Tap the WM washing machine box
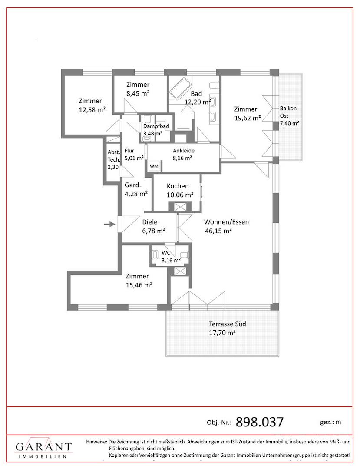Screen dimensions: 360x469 [154, 166]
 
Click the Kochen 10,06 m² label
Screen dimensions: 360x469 [180, 191]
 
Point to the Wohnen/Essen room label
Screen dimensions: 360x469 [226, 222]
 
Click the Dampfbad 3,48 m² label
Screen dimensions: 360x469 [156, 130]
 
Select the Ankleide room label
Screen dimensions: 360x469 [184, 151]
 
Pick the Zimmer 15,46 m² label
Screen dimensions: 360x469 [139, 281]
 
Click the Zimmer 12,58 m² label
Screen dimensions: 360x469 [92, 105]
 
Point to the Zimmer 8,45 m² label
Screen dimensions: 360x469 [138, 89]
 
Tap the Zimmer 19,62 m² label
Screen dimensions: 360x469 [247, 113]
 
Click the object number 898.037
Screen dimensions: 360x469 [260, 422]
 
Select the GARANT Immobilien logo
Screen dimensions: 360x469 [44, 449]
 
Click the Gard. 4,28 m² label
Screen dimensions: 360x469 [136, 189]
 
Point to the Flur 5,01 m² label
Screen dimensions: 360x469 [134, 154]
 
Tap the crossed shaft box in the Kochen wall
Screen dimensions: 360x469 [180, 207]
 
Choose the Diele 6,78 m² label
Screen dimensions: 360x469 [154, 226]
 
